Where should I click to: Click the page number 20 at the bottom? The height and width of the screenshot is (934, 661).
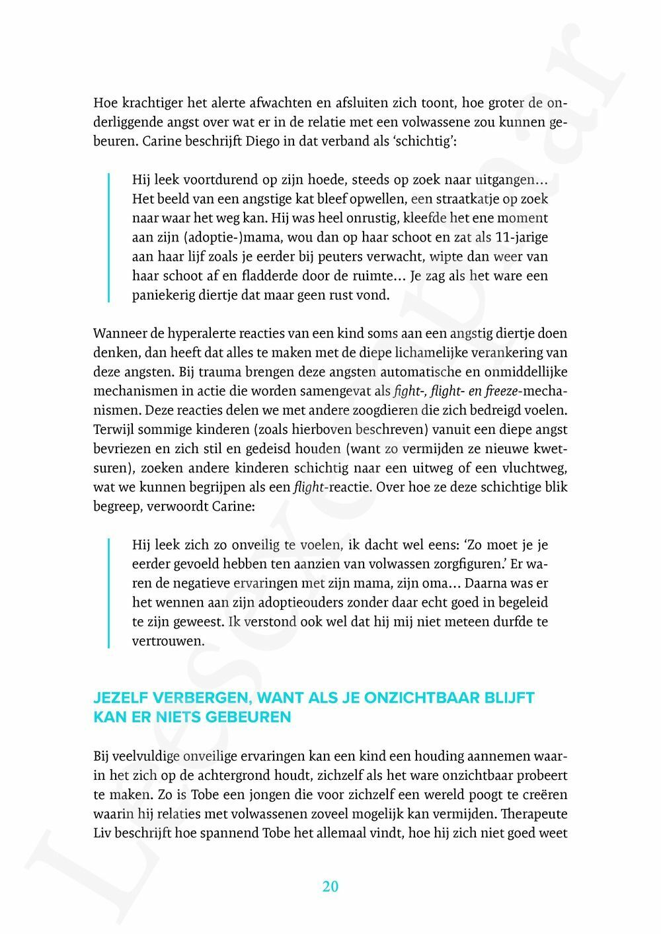pyautogui.click(x=330, y=886)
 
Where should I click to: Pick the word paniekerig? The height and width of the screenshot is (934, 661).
pyautogui.click(x=161, y=295)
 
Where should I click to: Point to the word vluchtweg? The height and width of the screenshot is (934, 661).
pyautogui.click(x=536, y=468)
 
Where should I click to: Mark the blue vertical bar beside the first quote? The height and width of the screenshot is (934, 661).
pyautogui.click(x=109, y=237)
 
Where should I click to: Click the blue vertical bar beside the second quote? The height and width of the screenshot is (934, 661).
pyautogui.click(x=109, y=593)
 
